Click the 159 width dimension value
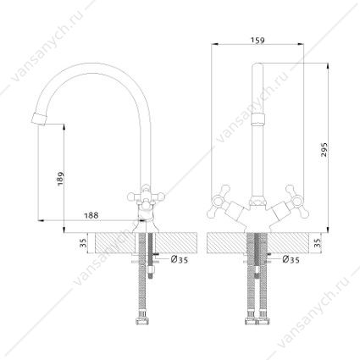(x=258, y=41)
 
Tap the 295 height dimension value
(x=324, y=150)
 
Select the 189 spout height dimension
(x=60, y=179)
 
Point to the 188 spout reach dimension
(x=91, y=215)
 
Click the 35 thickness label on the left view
(x=84, y=242)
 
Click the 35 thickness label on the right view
(x=318, y=242)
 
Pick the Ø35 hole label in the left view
(x=180, y=259)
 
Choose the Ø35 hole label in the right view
(x=291, y=259)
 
